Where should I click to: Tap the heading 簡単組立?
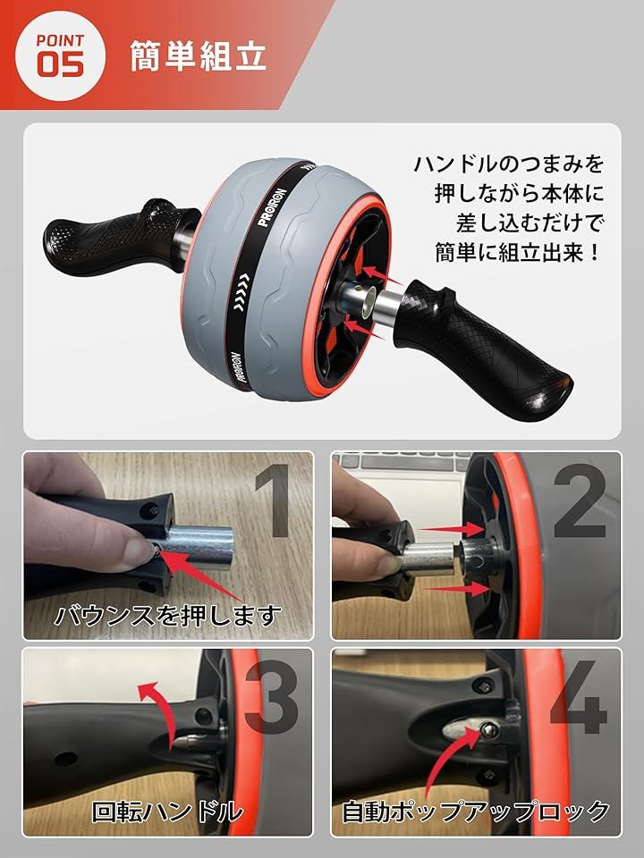pyautogui.click(x=199, y=55)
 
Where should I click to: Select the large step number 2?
pyautogui.click(x=579, y=500)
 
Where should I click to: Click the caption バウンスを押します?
pyautogui.click(x=168, y=616)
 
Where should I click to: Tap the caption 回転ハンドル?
pyautogui.click(x=167, y=811)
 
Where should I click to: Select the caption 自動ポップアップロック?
pyautogui.click(x=475, y=811)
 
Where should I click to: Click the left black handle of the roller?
pyautogui.click(x=118, y=234)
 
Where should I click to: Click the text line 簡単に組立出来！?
pyautogui.click(x=519, y=253)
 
